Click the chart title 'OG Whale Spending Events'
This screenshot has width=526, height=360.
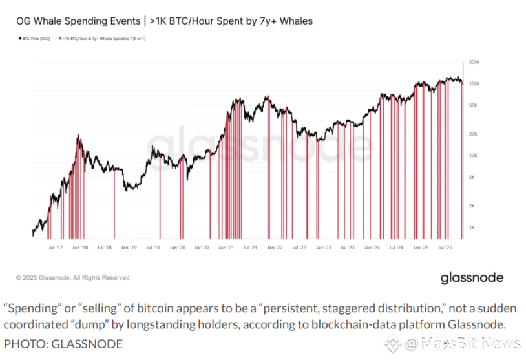[x=79, y=21]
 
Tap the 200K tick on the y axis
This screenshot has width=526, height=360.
[x=474, y=62]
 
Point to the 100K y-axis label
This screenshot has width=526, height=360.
[x=474, y=84]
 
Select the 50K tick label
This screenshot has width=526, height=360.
[x=474, y=105]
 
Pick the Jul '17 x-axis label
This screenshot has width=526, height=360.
[x=56, y=247]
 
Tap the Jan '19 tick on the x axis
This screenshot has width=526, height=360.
[x=129, y=247]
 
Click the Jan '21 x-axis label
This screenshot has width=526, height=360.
[x=226, y=247]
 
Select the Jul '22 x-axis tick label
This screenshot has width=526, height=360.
[x=299, y=247]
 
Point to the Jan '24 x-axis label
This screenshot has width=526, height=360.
[x=372, y=247]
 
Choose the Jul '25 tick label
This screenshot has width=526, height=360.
[x=445, y=247]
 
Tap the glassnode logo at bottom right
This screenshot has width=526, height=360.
[x=472, y=278]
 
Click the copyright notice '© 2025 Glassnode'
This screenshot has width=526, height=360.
[x=74, y=278]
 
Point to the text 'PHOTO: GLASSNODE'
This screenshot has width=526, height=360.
[x=63, y=344]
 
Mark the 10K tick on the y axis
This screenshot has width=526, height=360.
[x=474, y=155]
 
